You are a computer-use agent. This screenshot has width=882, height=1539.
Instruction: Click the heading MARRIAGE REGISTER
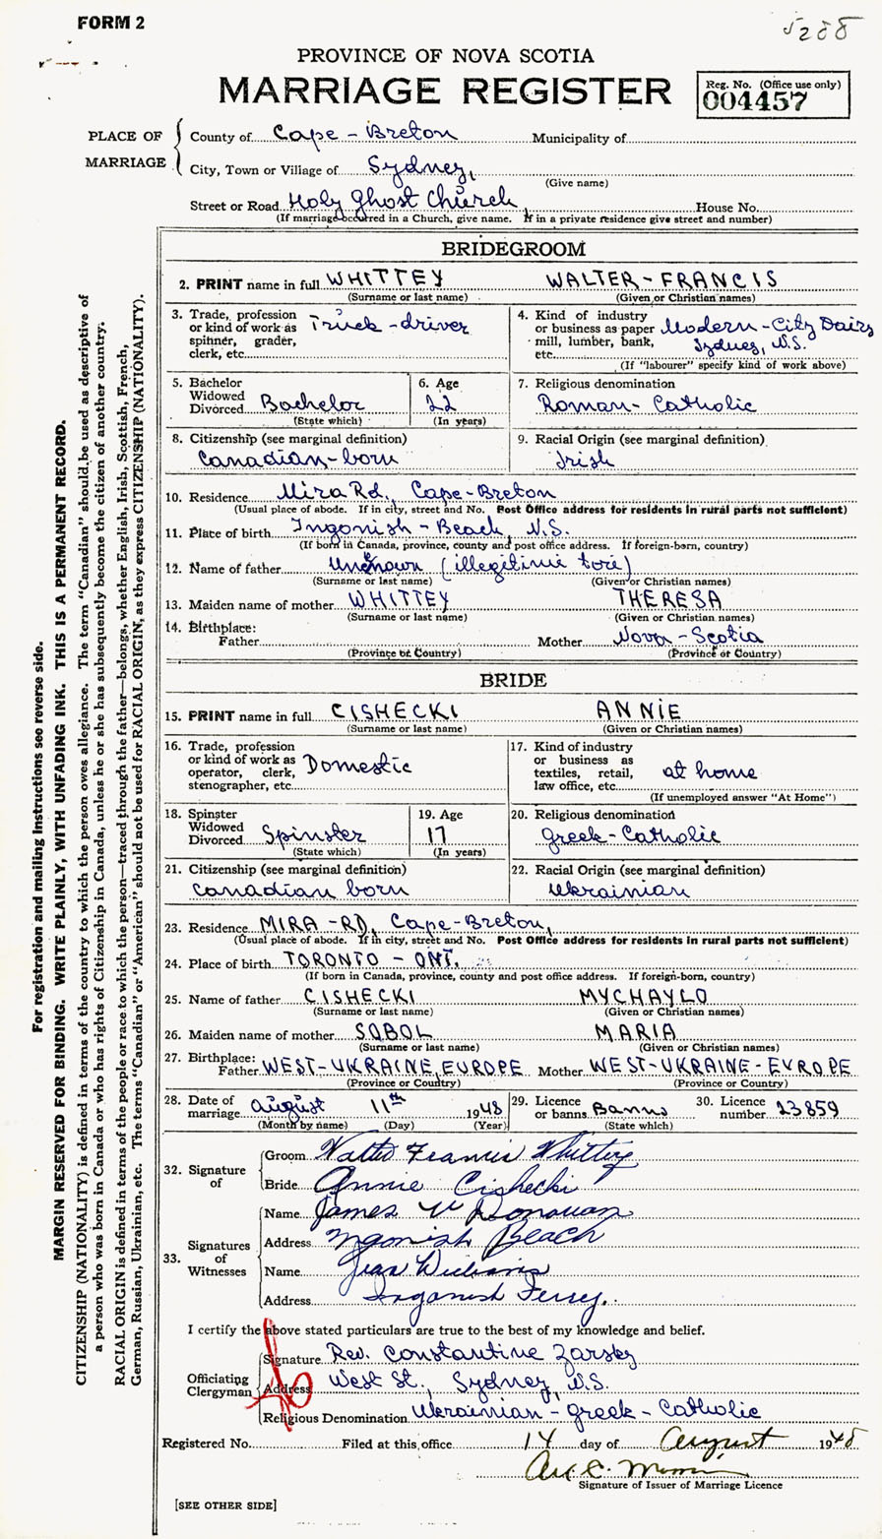coord(445,91)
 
